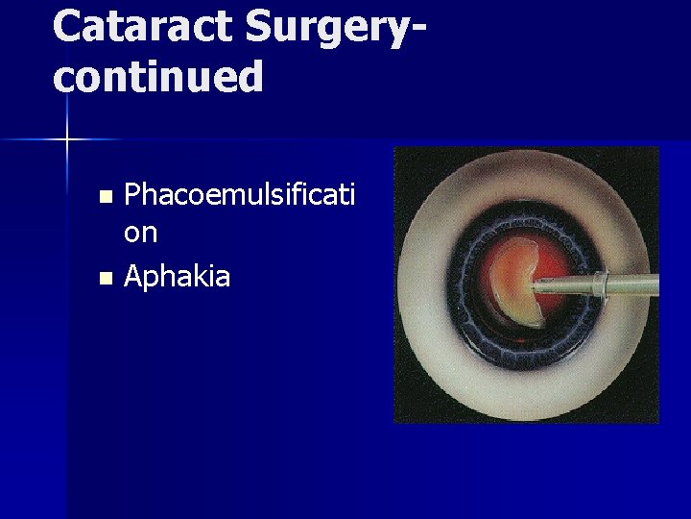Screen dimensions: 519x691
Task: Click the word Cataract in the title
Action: (143, 26)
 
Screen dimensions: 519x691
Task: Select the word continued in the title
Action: (157, 76)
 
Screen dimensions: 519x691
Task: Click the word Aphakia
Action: (178, 277)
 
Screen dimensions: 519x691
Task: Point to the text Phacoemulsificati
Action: (239, 196)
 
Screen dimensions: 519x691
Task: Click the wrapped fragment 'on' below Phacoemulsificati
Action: (141, 233)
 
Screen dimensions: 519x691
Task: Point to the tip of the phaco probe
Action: (536, 285)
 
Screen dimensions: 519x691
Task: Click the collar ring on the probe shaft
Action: (599, 284)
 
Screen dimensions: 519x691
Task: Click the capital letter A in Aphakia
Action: (134, 277)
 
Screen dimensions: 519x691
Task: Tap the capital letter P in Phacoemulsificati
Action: (134, 196)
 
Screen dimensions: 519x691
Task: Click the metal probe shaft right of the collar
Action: (633, 284)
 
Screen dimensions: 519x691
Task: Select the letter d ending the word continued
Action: (250, 76)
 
